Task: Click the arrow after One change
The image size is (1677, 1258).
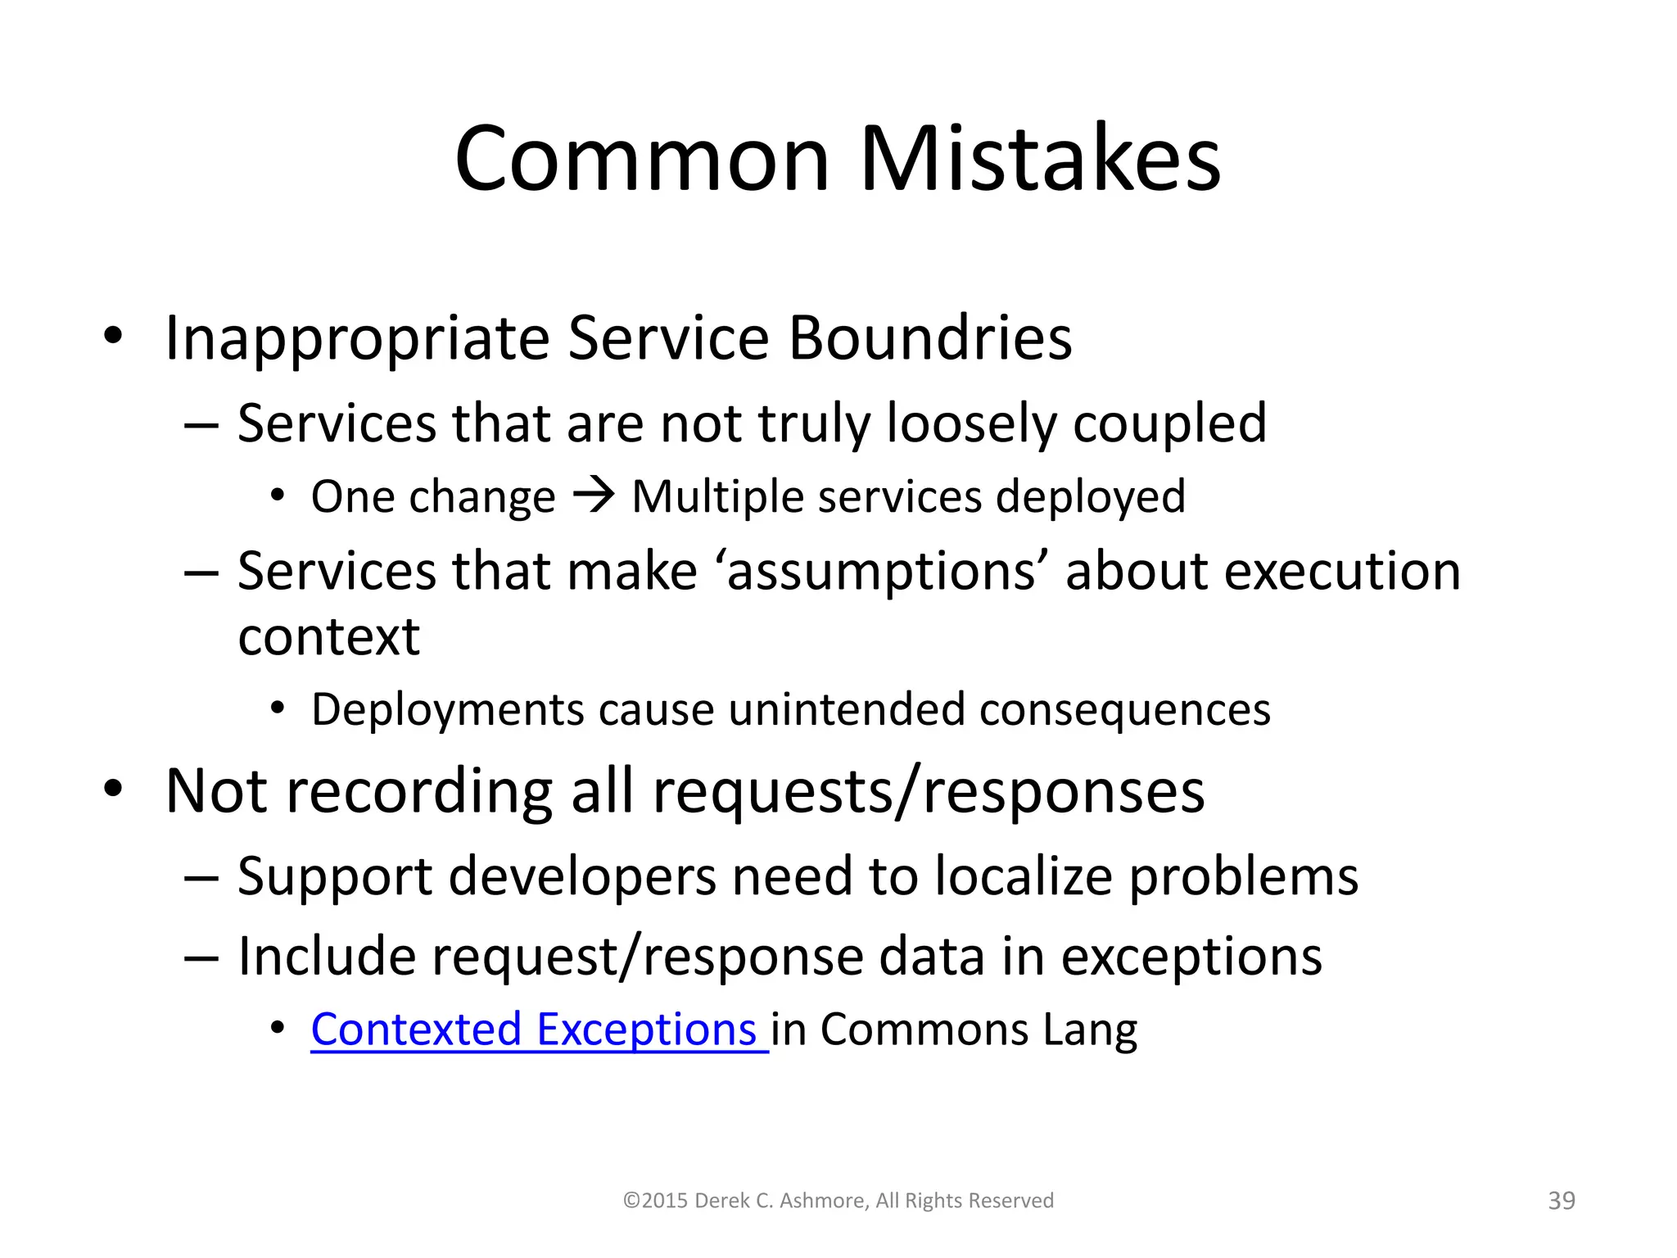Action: [x=594, y=496]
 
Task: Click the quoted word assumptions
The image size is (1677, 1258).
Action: [x=883, y=571]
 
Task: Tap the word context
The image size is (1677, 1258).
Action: [x=328, y=636]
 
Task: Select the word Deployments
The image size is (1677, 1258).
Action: [x=447, y=709]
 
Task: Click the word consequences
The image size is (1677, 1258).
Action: [x=1125, y=709]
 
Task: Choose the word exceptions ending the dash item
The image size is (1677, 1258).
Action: [x=1191, y=957]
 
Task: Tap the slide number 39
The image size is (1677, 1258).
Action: [x=1562, y=1201]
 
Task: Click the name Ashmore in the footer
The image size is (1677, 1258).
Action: [x=823, y=1201]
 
